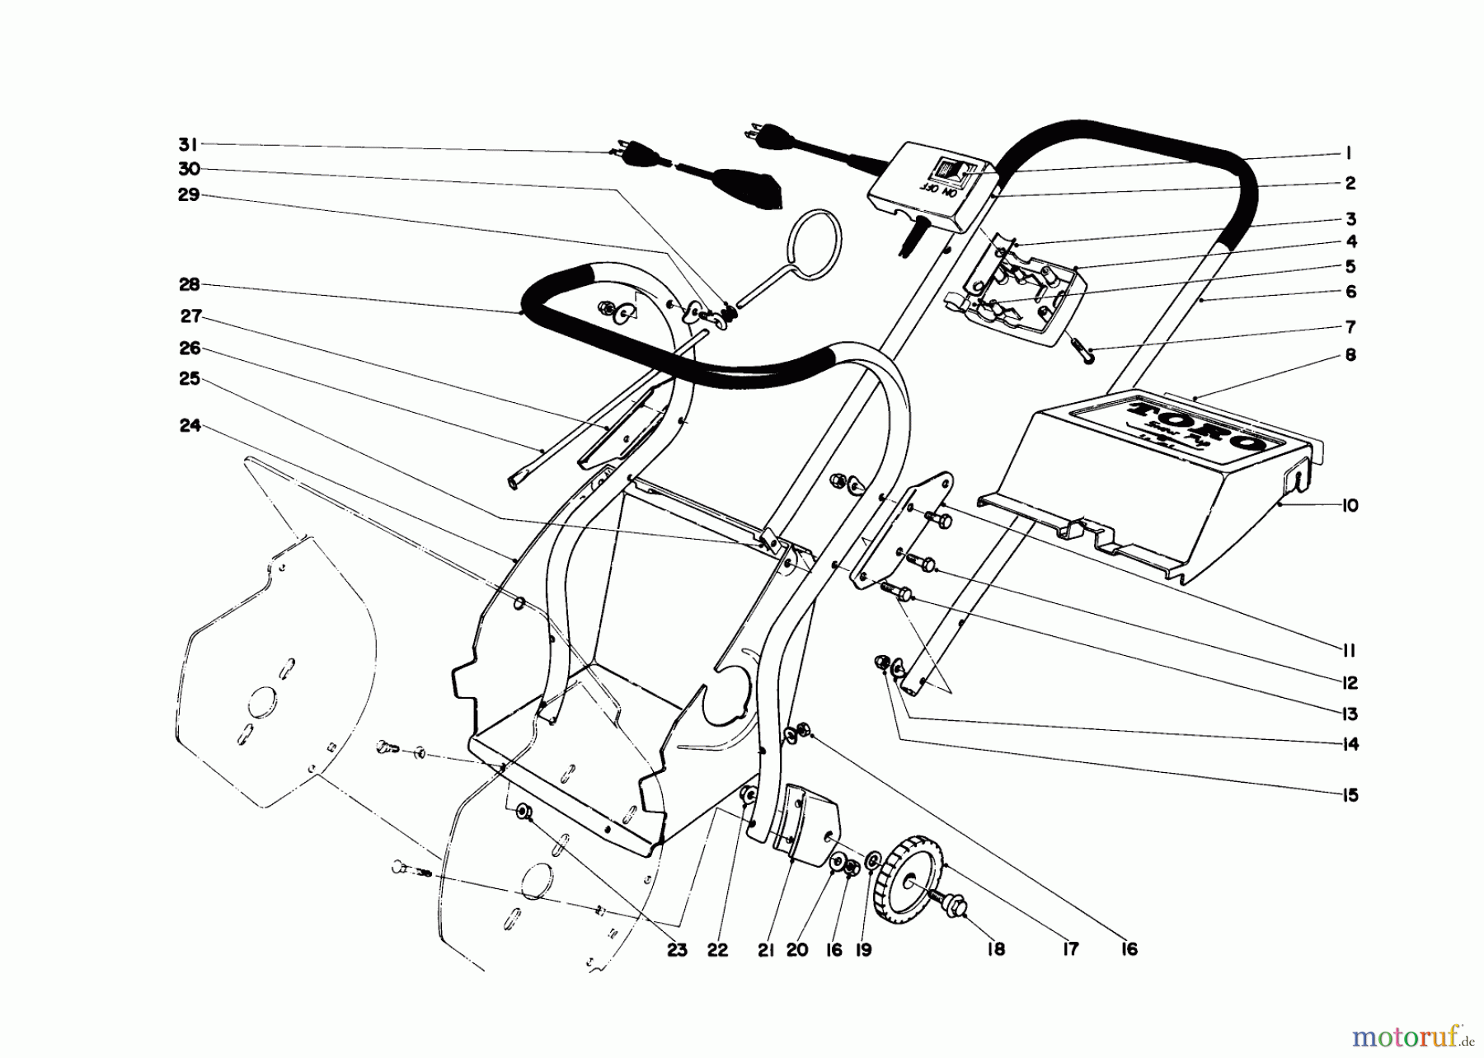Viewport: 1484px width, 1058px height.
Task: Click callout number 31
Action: point(188,145)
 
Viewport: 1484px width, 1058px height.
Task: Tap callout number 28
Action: point(189,285)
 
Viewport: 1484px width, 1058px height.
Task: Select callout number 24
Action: point(190,426)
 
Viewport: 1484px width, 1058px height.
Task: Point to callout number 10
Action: point(1349,506)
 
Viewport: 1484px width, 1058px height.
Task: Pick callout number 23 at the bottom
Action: point(677,950)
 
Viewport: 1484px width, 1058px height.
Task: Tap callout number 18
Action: point(996,950)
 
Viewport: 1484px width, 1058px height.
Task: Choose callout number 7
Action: point(1350,326)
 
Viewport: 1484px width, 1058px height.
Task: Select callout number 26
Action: point(190,349)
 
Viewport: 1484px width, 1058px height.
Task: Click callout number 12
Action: point(1349,683)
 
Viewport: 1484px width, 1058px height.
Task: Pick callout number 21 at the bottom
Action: point(766,950)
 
